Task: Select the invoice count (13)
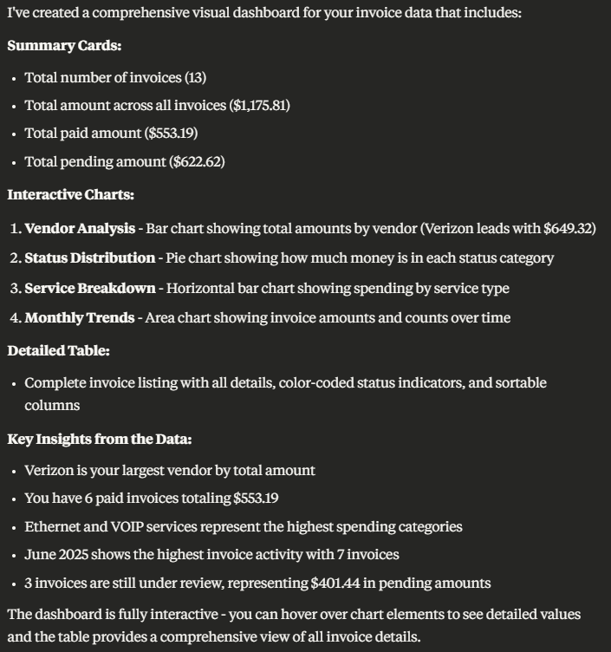point(195,77)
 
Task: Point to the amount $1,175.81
point(259,105)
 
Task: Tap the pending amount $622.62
point(197,161)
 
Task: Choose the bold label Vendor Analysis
point(80,228)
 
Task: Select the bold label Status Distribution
point(90,258)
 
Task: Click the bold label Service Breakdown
point(90,287)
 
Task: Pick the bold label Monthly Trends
point(79,317)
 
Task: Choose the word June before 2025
point(40,554)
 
